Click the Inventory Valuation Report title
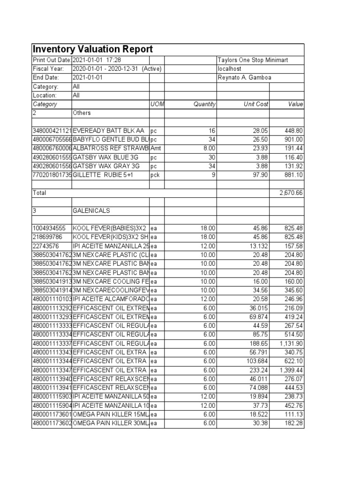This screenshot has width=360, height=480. pos(92,50)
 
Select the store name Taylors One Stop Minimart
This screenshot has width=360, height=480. pos(253,60)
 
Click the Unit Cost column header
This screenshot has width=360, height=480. pos(256,104)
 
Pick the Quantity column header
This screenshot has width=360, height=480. pos(204,104)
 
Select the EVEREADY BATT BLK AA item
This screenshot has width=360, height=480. pos(109,131)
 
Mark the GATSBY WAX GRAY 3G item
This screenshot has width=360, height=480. pos(106,166)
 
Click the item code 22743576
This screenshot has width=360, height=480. pos(45,246)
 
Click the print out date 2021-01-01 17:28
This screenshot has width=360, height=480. pos(97,60)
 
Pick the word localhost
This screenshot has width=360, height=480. pos(229,69)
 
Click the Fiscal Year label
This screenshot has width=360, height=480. pos(47,69)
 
